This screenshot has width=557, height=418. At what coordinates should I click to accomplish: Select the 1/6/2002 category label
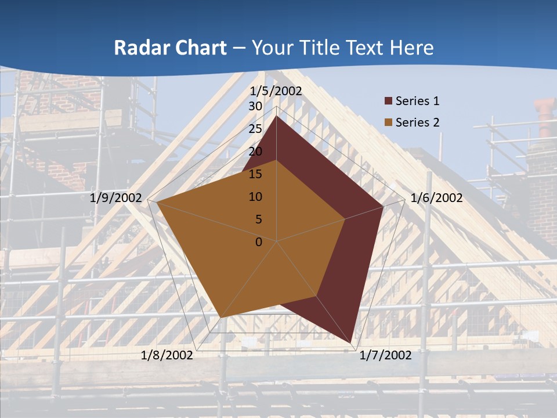(x=436, y=198)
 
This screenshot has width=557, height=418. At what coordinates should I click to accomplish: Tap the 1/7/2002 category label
(x=385, y=355)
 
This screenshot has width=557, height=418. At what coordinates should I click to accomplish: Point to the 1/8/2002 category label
(x=167, y=355)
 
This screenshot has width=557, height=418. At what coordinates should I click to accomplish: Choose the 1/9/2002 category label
(x=116, y=198)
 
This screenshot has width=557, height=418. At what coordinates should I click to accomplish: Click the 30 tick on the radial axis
(x=255, y=106)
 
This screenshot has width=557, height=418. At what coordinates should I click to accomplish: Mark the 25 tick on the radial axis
(x=255, y=129)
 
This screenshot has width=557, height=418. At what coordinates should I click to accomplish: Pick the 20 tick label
(x=255, y=152)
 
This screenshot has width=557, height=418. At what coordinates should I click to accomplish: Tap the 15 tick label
(x=255, y=174)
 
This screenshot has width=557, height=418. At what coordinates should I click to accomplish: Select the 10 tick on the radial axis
(x=255, y=197)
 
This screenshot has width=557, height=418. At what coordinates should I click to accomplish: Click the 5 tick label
(x=258, y=219)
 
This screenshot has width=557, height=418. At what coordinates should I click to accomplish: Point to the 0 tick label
(x=258, y=242)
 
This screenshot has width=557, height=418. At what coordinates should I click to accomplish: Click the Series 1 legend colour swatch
(x=388, y=101)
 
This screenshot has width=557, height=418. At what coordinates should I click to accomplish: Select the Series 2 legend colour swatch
(x=388, y=122)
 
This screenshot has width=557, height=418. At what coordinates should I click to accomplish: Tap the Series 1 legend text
(x=417, y=101)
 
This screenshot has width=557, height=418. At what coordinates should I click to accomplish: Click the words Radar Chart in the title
(x=170, y=48)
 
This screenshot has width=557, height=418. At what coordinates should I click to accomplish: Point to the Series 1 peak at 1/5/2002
(x=276, y=116)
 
